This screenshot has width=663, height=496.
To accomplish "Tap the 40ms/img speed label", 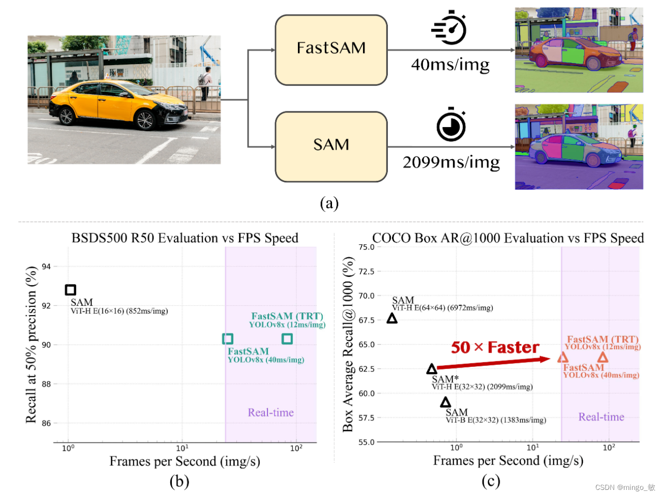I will click(x=450, y=65).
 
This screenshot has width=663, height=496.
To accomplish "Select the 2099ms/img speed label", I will click(x=451, y=162).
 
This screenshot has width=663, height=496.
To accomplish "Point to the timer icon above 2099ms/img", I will click(x=451, y=125).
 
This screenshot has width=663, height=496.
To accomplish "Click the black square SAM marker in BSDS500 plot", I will click(x=71, y=290).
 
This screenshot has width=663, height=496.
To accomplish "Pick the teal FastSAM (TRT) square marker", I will click(x=287, y=338).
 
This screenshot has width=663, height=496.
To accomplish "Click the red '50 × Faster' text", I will click(x=495, y=348).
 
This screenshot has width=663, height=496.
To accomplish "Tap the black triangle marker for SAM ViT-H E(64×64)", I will click(x=392, y=319).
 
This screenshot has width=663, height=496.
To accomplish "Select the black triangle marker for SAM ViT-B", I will click(x=445, y=402).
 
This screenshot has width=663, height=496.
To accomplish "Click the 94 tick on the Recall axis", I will click(x=46, y=266).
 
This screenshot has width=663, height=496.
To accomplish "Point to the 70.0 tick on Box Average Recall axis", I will click(x=366, y=296).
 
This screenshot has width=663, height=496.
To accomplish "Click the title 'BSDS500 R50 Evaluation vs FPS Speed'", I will click(x=185, y=238).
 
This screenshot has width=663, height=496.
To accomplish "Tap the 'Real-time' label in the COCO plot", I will click(x=601, y=417).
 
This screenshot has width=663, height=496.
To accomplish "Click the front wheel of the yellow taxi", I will click(x=145, y=120).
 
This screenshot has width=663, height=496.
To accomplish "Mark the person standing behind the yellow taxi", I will click(x=205, y=82).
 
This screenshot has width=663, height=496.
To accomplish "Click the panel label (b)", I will click(x=179, y=481).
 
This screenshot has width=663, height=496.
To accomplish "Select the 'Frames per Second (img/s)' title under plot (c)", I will click(x=507, y=460).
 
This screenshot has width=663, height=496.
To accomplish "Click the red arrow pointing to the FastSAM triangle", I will click(x=493, y=363).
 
